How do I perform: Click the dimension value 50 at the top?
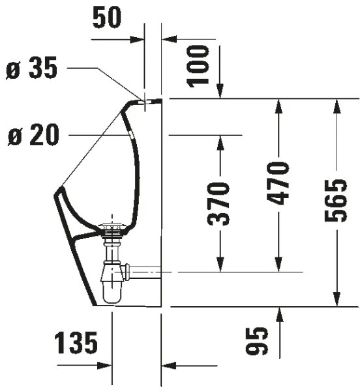(107, 18)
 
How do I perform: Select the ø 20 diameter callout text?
(33, 136)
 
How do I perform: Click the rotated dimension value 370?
(220, 204)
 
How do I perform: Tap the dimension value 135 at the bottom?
(76, 341)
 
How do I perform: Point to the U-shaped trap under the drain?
(113, 287)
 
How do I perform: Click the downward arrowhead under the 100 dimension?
(220, 93)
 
